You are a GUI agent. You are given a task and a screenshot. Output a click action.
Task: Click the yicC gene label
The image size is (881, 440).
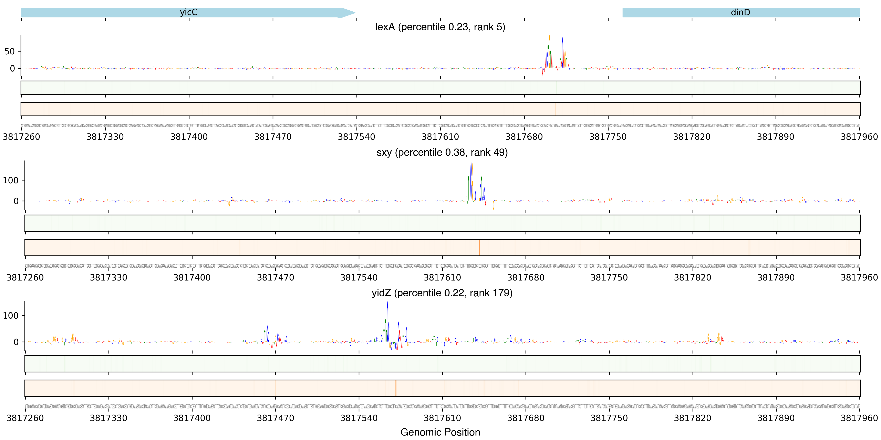click(x=188, y=12)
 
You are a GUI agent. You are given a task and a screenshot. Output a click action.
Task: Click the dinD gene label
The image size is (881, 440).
click(x=740, y=12)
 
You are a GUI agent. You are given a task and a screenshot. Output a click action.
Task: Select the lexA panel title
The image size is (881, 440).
click(x=440, y=27)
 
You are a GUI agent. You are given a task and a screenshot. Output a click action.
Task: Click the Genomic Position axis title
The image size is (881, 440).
click(x=440, y=432)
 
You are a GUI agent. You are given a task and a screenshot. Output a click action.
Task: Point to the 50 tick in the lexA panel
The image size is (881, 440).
click(x=10, y=51)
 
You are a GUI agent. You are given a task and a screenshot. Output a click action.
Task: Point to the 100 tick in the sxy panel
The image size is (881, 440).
click(x=11, y=180)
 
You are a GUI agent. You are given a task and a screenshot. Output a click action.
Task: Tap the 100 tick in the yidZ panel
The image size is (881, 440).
click(x=11, y=315)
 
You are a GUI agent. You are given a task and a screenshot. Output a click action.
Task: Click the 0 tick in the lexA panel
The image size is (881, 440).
click(x=12, y=68)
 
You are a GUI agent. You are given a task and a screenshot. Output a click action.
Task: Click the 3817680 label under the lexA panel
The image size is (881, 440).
click(x=524, y=137)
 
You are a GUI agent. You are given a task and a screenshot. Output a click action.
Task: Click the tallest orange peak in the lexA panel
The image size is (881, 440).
click(x=549, y=37)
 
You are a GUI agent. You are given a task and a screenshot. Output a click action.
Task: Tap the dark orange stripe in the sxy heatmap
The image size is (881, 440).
click(x=479, y=247)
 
